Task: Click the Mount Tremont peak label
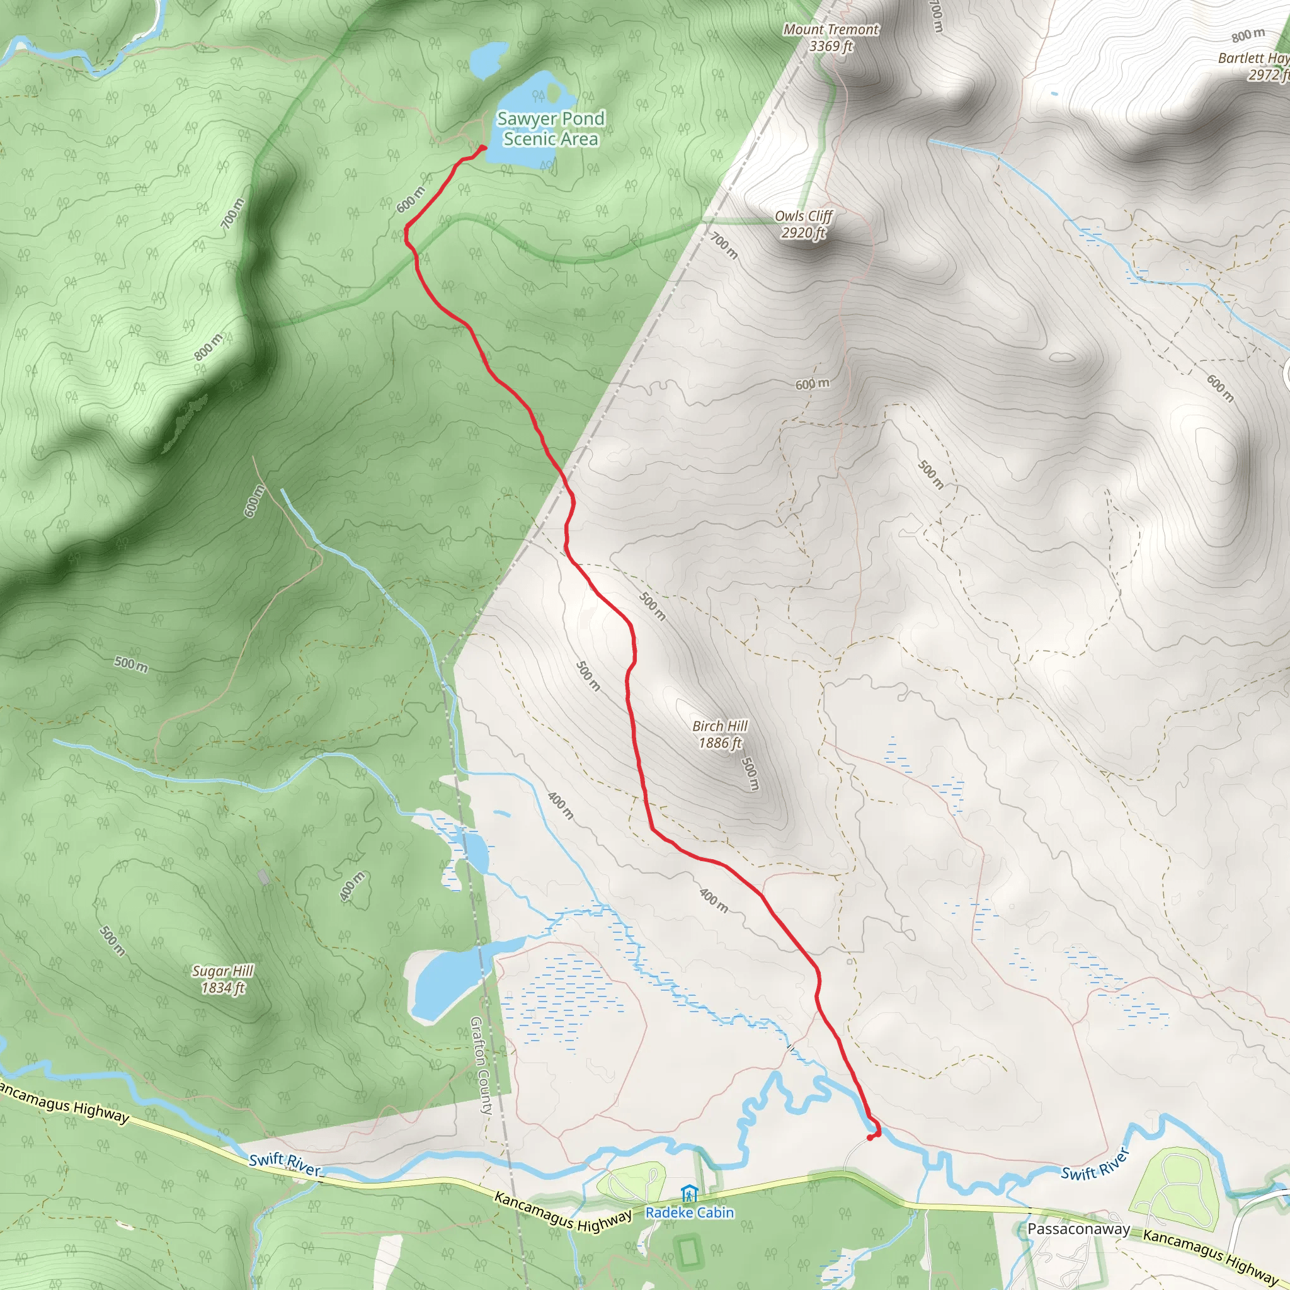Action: pyautogui.click(x=831, y=37)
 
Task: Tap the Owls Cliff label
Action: pyautogui.click(x=803, y=224)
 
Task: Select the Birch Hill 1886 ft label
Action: pyautogui.click(x=720, y=734)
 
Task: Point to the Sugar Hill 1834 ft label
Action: pyautogui.click(x=223, y=979)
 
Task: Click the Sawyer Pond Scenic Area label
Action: pyautogui.click(x=551, y=128)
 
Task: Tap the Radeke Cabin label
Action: pyautogui.click(x=689, y=1213)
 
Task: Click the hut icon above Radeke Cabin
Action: pyautogui.click(x=688, y=1193)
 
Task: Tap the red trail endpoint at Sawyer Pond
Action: pyautogui.click(x=482, y=147)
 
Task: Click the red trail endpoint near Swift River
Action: pyautogui.click(x=870, y=1138)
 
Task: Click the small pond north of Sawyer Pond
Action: pyautogui.click(x=488, y=59)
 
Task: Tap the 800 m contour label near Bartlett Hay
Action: pyautogui.click(x=1247, y=35)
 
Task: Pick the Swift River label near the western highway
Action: pyautogui.click(x=285, y=1164)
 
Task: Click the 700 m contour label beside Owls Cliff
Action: pyautogui.click(x=724, y=245)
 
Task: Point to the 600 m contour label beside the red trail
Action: pyautogui.click(x=410, y=200)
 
